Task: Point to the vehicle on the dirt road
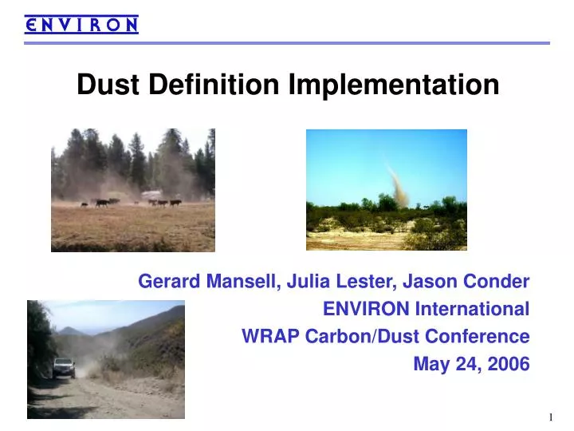tap(64, 366)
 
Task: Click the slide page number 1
tap(550, 418)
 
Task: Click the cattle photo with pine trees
tap(133, 190)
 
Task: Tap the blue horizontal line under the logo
tap(287, 43)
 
